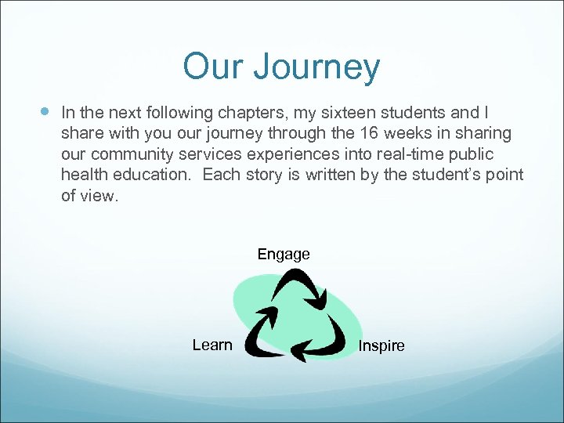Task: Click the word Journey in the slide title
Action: tap(316, 68)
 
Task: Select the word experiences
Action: tap(284, 154)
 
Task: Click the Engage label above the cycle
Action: tap(284, 254)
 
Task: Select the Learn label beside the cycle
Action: tap(212, 345)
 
